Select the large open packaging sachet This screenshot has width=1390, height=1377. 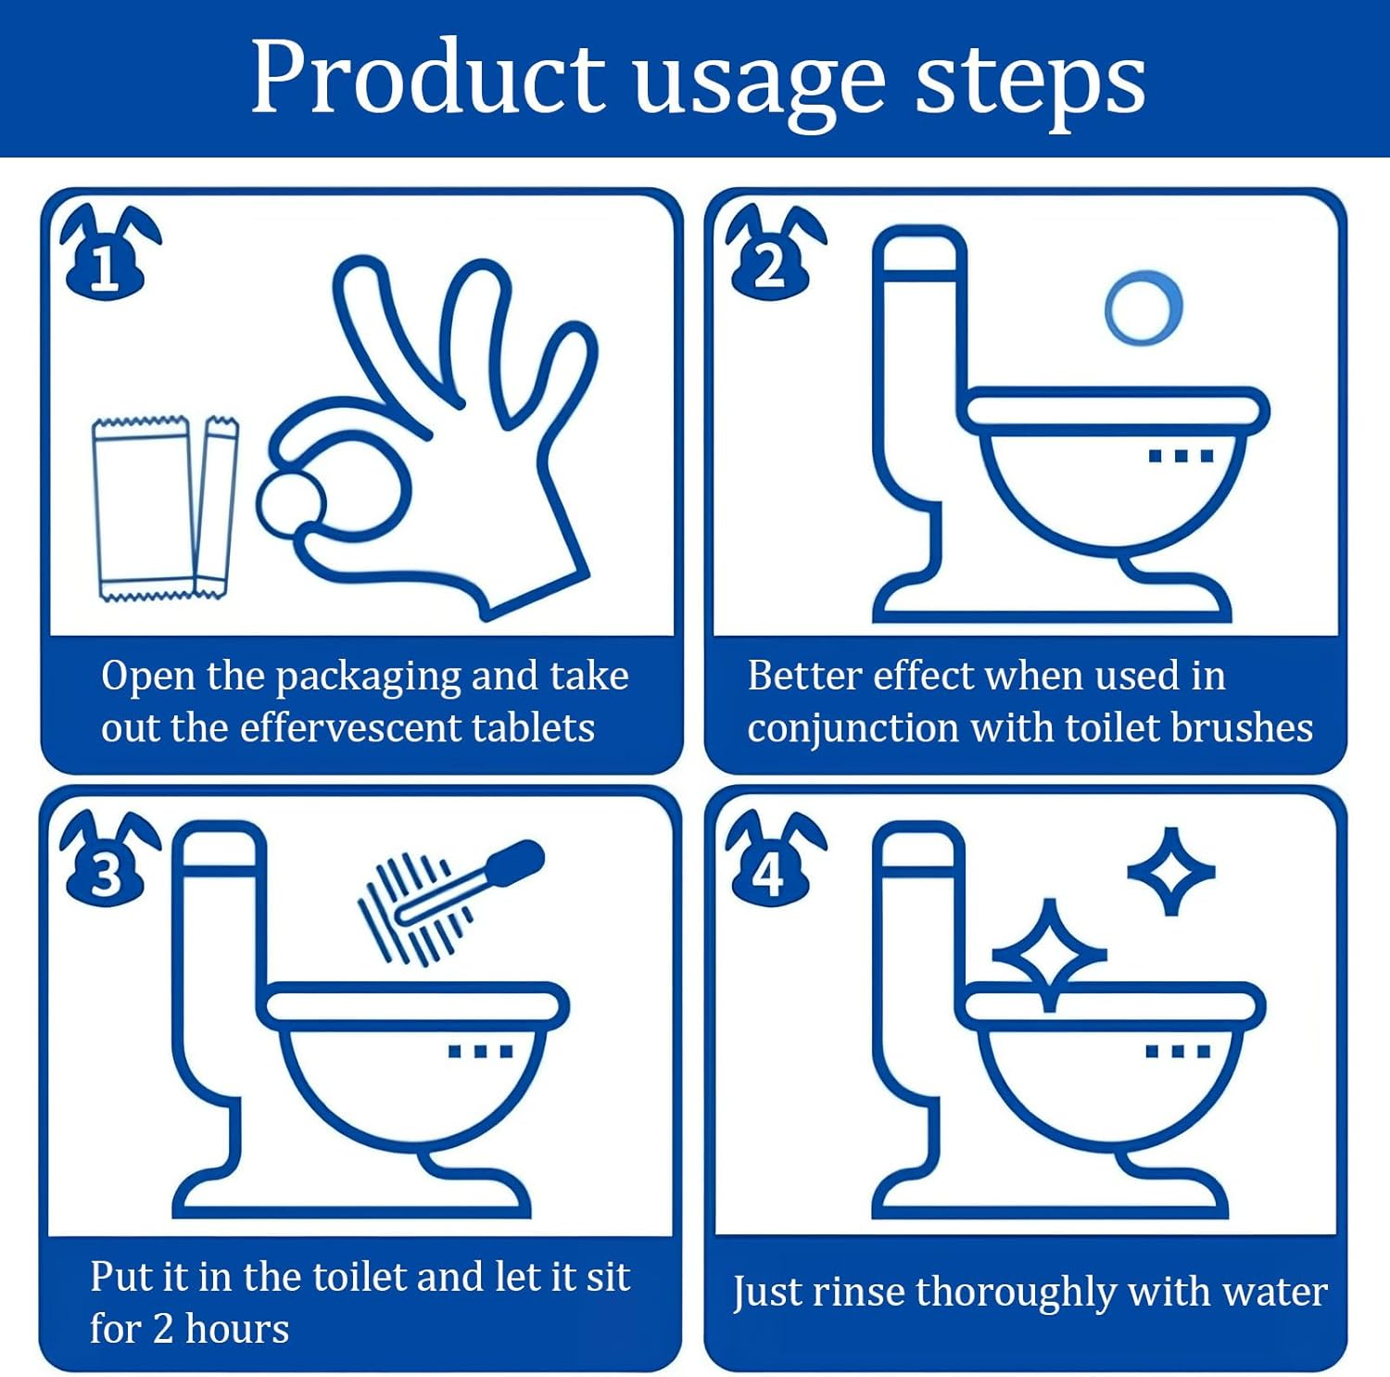pyautogui.click(x=145, y=508)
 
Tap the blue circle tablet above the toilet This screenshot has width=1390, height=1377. pyautogui.click(x=1143, y=308)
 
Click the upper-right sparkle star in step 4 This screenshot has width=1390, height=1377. pyautogui.click(x=1170, y=871)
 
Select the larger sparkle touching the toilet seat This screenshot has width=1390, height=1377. pyautogui.click(x=1049, y=954)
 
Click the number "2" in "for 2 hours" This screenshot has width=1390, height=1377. pyautogui.click(x=163, y=1329)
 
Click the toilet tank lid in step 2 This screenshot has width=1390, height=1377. pyautogui.click(x=920, y=250)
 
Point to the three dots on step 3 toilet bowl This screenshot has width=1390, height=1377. pyautogui.click(x=480, y=1051)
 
